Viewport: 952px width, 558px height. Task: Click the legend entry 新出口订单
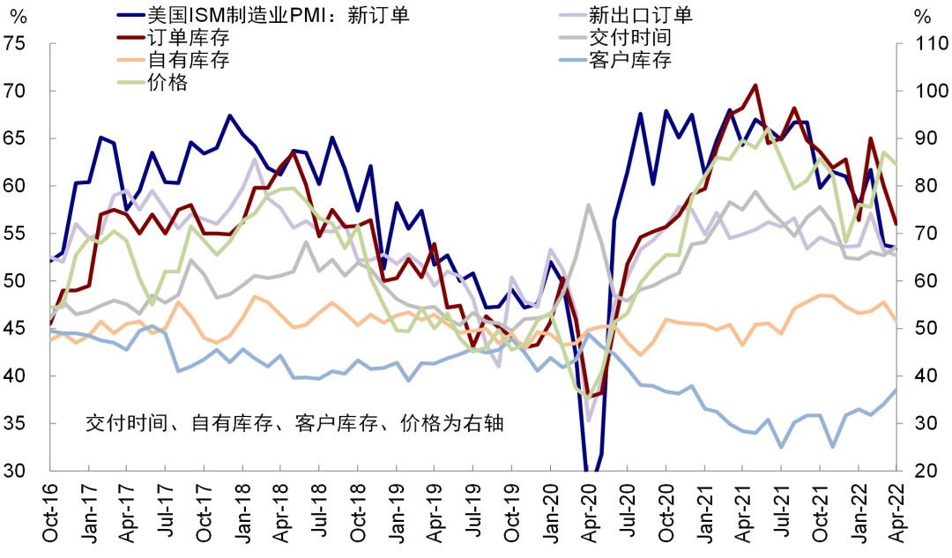(640, 14)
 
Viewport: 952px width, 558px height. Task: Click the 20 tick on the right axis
(920, 472)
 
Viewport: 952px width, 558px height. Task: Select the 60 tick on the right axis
(920, 281)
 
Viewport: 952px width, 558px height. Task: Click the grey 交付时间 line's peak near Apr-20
(588, 205)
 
